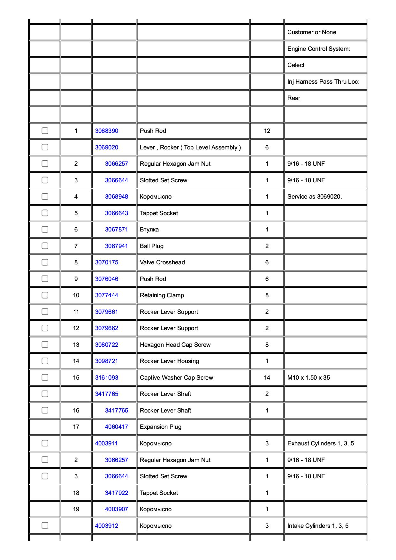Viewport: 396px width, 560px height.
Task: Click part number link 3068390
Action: pyautogui.click(x=107, y=131)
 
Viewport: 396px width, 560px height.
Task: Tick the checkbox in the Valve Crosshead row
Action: pyautogui.click(x=45, y=262)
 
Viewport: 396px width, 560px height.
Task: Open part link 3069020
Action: pyautogui.click(x=107, y=148)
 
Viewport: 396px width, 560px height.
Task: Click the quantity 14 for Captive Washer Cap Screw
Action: pyautogui.click(x=267, y=378)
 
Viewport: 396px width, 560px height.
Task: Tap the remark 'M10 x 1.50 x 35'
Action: pyautogui.click(x=308, y=378)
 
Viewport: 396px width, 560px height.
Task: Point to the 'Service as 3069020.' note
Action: pyautogui.click(x=314, y=197)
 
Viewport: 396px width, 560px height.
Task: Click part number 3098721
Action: pyautogui.click(x=107, y=361)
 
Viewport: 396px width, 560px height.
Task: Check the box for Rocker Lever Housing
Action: pyautogui.click(x=45, y=361)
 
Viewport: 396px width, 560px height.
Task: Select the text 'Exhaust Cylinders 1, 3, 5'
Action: pyautogui.click(x=320, y=443)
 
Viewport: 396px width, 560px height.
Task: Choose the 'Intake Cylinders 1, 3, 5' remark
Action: pyautogui.click(x=318, y=526)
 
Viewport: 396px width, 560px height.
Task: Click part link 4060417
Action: pyautogui.click(x=116, y=427)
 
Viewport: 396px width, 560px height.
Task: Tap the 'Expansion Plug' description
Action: pyautogui.click(x=160, y=427)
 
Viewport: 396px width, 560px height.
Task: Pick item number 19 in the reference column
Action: pyautogui.click(x=76, y=509)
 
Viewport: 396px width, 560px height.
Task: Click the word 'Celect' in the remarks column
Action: pyautogui.click(x=296, y=65)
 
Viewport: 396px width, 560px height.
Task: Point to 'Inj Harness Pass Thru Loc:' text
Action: pyautogui.click(x=323, y=82)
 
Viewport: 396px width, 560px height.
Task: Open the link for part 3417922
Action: pyautogui.click(x=116, y=493)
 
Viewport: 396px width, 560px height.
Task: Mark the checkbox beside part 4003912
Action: pyautogui.click(x=45, y=526)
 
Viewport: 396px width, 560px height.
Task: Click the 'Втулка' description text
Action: pyautogui.click(x=149, y=230)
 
